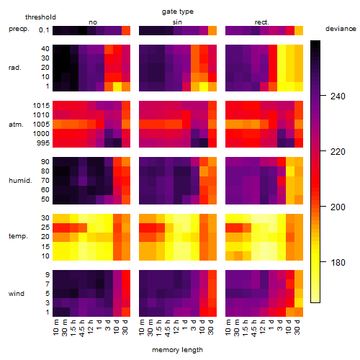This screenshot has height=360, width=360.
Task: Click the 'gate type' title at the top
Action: coord(178,12)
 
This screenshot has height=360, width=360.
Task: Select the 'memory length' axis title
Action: coord(177,350)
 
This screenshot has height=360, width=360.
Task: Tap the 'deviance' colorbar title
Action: coord(341,29)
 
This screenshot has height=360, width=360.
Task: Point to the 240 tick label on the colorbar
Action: coord(338,96)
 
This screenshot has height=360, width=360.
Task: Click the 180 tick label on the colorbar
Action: coord(338,263)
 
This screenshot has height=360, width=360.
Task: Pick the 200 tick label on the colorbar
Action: coord(338,207)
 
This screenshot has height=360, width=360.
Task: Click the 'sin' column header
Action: coord(177,22)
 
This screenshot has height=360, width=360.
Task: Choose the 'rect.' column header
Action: coord(261,22)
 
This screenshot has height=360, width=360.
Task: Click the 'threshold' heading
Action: coord(40,17)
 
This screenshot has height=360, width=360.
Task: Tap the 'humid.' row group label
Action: coord(20,181)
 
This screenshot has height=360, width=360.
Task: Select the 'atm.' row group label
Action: coord(16,125)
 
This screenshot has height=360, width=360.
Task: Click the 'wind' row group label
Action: coord(17,294)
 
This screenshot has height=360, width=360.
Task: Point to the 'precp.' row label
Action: coord(19,29)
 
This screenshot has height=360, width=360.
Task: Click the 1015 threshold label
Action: coord(41,106)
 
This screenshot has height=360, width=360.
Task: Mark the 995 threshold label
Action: coord(43,143)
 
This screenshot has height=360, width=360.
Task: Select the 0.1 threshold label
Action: coord(44,30)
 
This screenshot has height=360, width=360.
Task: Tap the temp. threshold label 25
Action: coord(45,228)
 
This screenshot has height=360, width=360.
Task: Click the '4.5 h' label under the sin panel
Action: coord(168,328)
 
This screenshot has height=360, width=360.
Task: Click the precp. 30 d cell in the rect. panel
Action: coord(299,30)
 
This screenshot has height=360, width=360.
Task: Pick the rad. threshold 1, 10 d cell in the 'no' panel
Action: coord(117,86)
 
